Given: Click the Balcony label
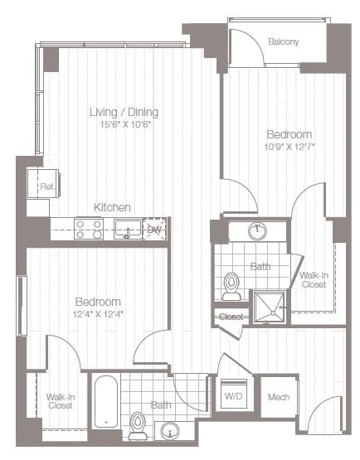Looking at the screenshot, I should pyautogui.click(x=285, y=41).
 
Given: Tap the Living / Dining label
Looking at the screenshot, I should pyautogui.click(x=124, y=112).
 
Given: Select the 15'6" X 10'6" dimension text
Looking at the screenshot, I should pyautogui.click(x=124, y=124).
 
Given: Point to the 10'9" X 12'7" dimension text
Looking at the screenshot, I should pyautogui.click(x=289, y=147).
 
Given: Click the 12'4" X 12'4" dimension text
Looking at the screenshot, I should pyautogui.click(x=98, y=313).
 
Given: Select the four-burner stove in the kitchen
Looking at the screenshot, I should pyautogui.click(x=89, y=229).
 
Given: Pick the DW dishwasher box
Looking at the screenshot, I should pyautogui.click(x=154, y=230).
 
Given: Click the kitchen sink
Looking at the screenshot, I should pyautogui.click(x=127, y=230).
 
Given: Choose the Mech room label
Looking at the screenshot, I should pyautogui.click(x=278, y=397).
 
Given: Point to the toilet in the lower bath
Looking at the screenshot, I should pyautogui.click(x=138, y=426).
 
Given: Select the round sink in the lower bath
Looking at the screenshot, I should pyautogui.click(x=170, y=430).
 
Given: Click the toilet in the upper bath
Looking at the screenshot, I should pyautogui.click(x=232, y=286).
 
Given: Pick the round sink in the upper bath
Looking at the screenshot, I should pyautogui.click(x=258, y=230).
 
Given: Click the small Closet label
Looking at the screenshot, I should pyautogui.click(x=229, y=317).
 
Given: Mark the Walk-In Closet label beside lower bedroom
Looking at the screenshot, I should pyautogui.click(x=59, y=401).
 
